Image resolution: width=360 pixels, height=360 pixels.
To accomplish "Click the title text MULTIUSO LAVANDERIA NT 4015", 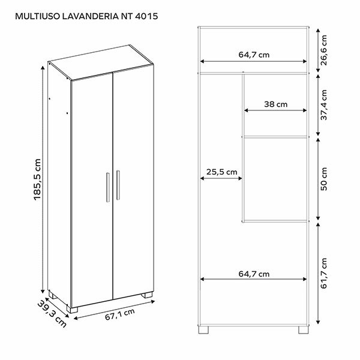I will pyautogui.click(x=90, y=16).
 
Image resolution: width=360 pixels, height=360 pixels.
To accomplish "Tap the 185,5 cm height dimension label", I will pyautogui.click(x=37, y=179).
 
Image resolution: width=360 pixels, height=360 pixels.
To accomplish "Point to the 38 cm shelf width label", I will pyautogui.click(x=276, y=104).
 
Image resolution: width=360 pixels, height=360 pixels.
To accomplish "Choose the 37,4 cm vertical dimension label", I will pyautogui.click(x=324, y=105).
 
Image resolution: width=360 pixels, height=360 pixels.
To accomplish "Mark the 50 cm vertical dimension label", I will pyautogui.click(x=324, y=179).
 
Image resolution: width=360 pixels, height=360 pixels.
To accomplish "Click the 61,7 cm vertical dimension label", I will pyautogui.click(x=324, y=274).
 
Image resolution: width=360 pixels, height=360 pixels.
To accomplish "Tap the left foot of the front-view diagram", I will pyautogui.click(x=205, y=329).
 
